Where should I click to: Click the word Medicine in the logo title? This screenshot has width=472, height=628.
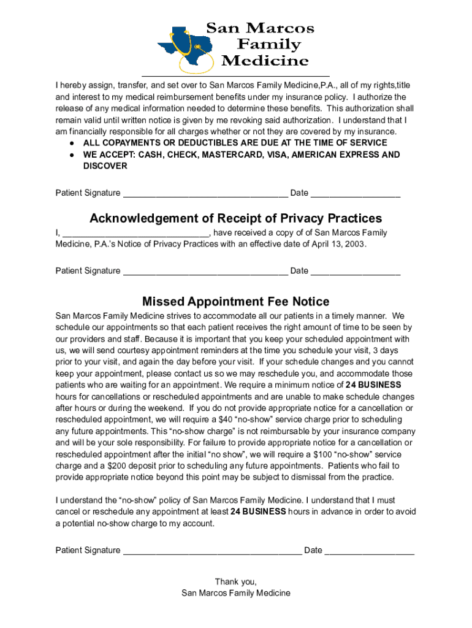pyautogui.click(x=265, y=61)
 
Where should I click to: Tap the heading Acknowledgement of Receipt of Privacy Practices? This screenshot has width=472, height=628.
pyautogui.click(x=235, y=218)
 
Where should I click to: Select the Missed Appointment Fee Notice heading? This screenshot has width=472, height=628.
pyautogui.click(x=235, y=302)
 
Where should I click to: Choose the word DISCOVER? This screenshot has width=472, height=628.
pyautogui.click(x=105, y=166)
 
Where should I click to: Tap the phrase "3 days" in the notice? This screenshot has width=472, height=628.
pyautogui.click(x=386, y=350)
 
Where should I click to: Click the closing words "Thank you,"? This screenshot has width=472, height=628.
pyautogui.click(x=235, y=581)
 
